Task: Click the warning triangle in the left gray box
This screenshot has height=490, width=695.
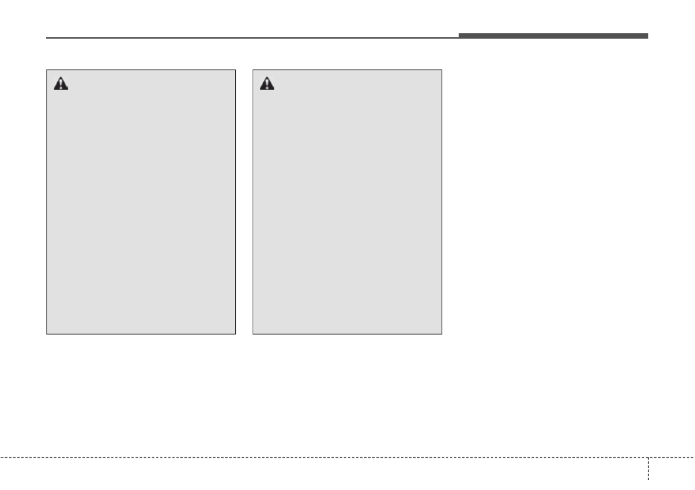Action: click(x=61, y=84)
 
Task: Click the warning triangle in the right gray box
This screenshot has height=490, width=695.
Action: click(x=267, y=84)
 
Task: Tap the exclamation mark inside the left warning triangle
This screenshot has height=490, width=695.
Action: click(x=61, y=85)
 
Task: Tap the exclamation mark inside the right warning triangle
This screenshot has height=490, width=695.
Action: click(x=267, y=85)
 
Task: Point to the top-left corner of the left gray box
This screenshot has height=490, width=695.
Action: click(x=47, y=70)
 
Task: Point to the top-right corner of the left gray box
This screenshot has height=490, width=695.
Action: click(x=236, y=70)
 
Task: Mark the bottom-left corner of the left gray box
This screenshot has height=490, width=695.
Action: click(x=47, y=333)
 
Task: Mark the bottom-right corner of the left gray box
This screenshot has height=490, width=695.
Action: click(x=236, y=333)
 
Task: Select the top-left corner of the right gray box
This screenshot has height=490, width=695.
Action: click(x=253, y=70)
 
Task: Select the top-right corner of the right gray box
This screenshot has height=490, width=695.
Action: click(x=442, y=70)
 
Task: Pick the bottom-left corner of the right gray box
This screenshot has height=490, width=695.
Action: click(x=253, y=333)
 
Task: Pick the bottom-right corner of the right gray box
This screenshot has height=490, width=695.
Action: click(x=442, y=333)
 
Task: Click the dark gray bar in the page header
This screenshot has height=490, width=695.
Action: click(x=553, y=36)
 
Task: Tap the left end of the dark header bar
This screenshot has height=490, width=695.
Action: click(x=459, y=36)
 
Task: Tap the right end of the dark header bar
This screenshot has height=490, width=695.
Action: click(x=648, y=36)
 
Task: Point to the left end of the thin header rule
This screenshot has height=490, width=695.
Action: click(x=47, y=38)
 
